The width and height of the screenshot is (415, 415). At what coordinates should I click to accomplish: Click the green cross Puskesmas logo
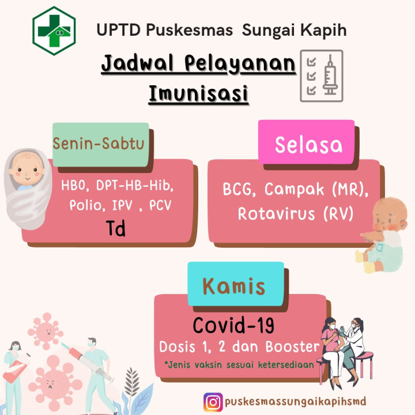[54, 31]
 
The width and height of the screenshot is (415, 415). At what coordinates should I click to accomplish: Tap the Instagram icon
[213, 402]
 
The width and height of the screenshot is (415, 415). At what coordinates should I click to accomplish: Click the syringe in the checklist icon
[330, 75]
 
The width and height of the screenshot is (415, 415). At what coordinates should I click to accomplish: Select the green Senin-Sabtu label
[100, 145]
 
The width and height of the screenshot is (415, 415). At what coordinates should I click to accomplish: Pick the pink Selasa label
[306, 142]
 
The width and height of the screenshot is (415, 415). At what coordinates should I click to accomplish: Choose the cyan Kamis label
[236, 284]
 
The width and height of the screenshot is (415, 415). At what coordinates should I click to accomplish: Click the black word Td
[116, 228]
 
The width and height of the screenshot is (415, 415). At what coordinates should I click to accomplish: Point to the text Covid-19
[233, 325]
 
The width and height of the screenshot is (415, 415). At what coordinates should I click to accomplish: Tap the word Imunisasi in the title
[198, 93]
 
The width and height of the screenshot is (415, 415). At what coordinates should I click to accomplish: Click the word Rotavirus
[276, 214]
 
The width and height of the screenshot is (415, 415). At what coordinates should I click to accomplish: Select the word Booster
[292, 347]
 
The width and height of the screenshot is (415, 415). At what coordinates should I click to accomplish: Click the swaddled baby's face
[27, 169]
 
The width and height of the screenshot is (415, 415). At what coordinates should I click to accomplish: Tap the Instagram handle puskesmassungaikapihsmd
[295, 402]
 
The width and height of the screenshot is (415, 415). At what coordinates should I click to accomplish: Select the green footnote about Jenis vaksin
[239, 365]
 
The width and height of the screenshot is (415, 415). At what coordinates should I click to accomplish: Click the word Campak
[294, 189]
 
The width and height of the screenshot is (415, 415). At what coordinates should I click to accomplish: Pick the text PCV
[160, 205]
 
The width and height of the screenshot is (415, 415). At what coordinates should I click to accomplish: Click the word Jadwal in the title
[137, 63]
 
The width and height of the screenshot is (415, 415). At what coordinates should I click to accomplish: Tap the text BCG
[239, 189]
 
